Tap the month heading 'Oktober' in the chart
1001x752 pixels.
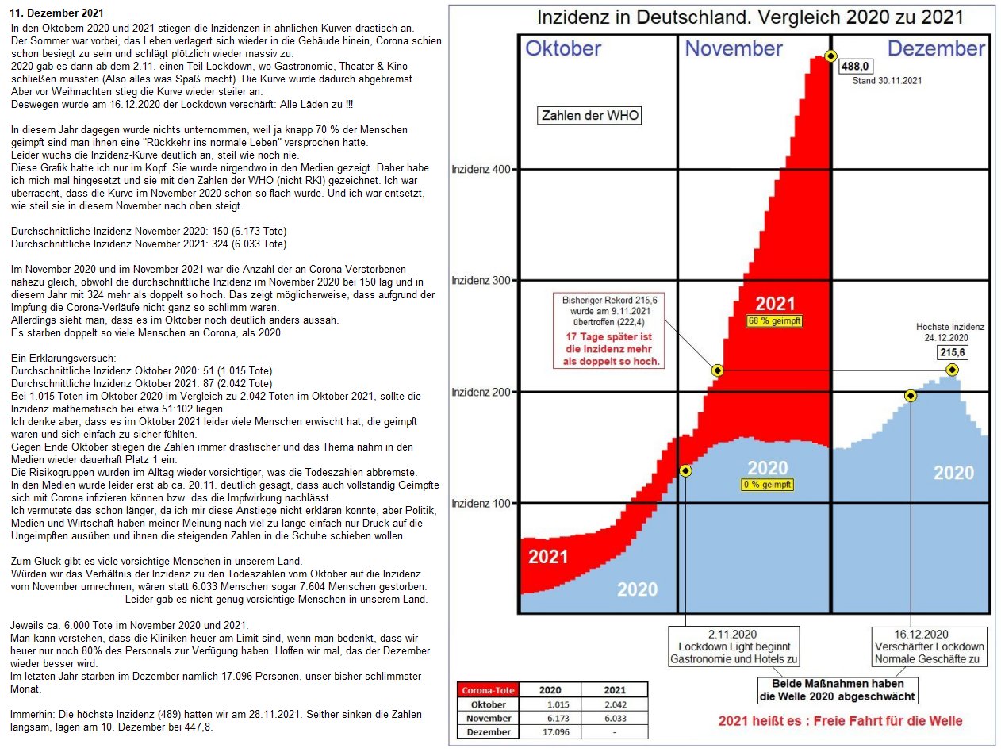pos(563,48)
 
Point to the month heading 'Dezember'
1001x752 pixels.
pos(936,48)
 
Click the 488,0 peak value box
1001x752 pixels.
pos(856,67)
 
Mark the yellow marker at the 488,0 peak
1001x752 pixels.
pos(830,56)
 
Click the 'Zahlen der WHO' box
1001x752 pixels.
pos(589,116)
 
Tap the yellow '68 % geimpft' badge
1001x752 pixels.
pos(775,321)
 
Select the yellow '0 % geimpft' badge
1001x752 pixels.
pos(767,485)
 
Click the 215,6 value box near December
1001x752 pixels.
pos(953,351)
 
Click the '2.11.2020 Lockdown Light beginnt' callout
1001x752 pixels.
pos(734,646)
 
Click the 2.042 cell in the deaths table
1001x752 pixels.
pos(614,704)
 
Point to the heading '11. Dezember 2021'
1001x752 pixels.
pos(56,14)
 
